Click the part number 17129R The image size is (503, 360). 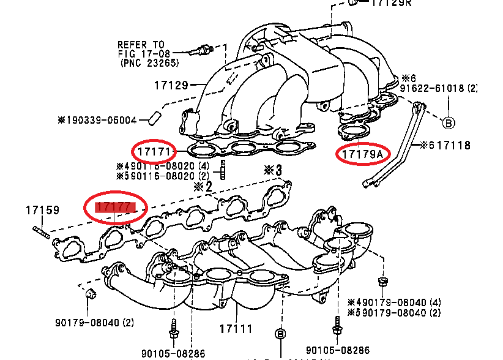[x=392, y=4]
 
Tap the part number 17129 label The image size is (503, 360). [x=171, y=85]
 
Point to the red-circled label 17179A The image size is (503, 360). [x=362, y=154]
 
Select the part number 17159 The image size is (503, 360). [x=42, y=210]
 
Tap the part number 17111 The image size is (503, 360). [x=236, y=329]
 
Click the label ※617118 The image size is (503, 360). [x=445, y=145]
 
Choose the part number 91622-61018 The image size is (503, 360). [x=438, y=88]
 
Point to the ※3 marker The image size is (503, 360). [x=272, y=169]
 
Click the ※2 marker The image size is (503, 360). [x=203, y=185]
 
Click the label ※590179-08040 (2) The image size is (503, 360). [x=393, y=312]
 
